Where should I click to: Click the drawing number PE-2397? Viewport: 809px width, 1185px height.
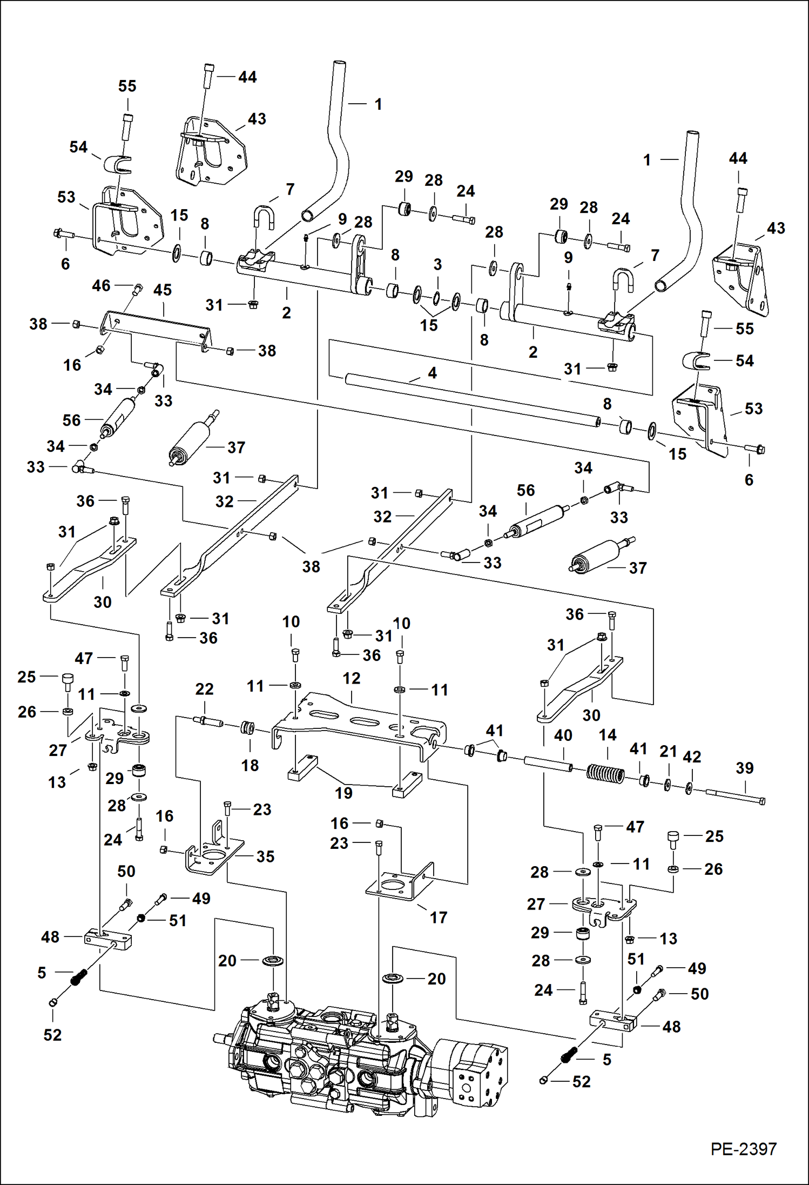[x=743, y=1149]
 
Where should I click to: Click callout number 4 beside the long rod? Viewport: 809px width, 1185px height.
[x=432, y=373]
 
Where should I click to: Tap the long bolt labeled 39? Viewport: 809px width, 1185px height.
[x=734, y=796]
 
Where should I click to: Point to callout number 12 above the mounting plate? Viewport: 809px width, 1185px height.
[x=351, y=678]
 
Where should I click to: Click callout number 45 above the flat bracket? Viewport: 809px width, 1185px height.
[x=163, y=290]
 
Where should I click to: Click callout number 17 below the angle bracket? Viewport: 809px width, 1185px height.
[x=438, y=917]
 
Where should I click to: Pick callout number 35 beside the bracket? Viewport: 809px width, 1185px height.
[x=265, y=856]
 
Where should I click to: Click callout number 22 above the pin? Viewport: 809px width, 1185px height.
[x=204, y=689]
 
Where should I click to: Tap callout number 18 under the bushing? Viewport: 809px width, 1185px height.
[x=250, y=765]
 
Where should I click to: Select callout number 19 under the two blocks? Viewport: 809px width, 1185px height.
[x=343, y=793]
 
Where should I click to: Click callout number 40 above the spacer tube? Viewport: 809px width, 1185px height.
[x=563, y=735]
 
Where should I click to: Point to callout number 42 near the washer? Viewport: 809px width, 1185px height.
[x=692, y=757]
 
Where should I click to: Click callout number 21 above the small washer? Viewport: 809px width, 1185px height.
[x=668, y=751]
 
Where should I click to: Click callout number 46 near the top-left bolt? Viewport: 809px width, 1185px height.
[x=101, y=285]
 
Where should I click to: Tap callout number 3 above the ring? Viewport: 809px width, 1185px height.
[x=437, y=265]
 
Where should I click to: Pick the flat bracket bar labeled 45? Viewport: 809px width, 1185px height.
[x=157, y=330]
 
